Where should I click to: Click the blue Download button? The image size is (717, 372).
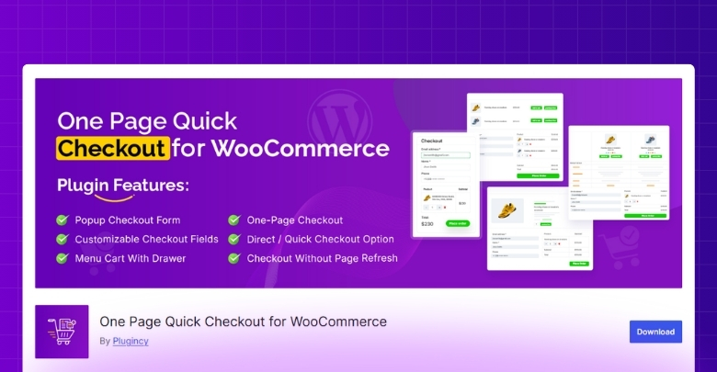click(655, 332)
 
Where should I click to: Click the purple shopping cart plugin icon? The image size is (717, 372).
click(62, 331)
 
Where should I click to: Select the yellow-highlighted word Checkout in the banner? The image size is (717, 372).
click(113, 148)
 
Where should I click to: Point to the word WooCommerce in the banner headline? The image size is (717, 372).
click(291, 148)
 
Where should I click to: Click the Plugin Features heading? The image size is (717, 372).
click(122, 185)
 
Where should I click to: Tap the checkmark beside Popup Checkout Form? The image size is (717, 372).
click(63, 220)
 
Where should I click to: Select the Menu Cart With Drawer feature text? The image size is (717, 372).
click(131, 258)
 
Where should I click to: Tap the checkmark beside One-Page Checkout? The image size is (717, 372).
click(233, 220)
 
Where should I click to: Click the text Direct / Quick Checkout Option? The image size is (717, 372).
click(320, 239)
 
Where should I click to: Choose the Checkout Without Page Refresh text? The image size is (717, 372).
click(322, 258)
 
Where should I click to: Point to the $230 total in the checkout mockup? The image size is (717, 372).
click(428, 223)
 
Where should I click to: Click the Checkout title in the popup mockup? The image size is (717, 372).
click(432, 141)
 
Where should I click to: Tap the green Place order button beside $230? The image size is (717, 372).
click(457, 223)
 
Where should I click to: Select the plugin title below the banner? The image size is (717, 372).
click(243, 321)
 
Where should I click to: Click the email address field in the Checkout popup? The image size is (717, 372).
click(446, 155)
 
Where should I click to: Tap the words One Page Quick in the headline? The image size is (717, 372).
click(147, 121)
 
